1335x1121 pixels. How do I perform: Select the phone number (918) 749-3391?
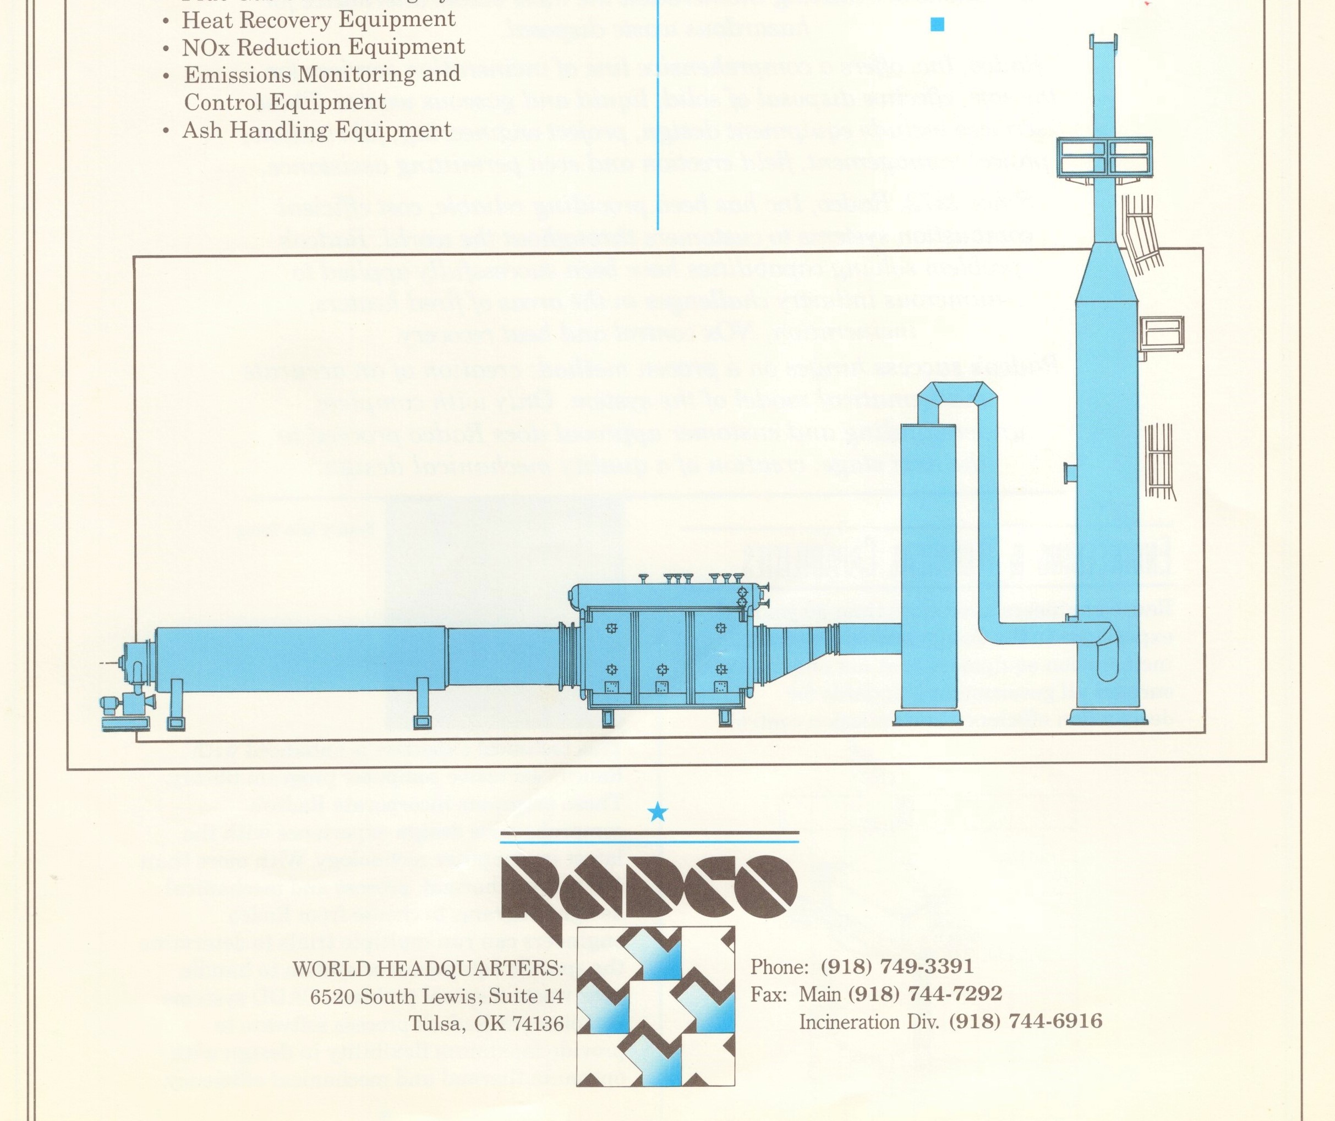point(896,966)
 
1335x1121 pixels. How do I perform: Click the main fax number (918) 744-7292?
point(924,993)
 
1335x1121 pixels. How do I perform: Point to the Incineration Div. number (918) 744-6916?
point(1025,1021)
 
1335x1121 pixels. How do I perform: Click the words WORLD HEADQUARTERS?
point(427,969)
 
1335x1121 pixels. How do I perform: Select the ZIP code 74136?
point(538,1024)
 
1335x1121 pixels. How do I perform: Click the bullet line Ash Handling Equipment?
point(316,130)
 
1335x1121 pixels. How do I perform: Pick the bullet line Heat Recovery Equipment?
point(318,20)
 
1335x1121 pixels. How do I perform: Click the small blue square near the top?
point(937,25)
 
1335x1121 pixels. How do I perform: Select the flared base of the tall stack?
point(1106,717)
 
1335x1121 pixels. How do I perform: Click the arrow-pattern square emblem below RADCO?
point(655,1006)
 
